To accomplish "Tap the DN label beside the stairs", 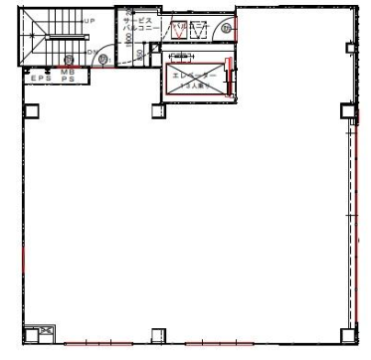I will (92, 51).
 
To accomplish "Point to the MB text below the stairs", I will (68, 72).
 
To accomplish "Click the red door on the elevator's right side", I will (229, 77).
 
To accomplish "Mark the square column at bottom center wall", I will (157, 334).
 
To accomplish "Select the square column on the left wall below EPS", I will (31, 108).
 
